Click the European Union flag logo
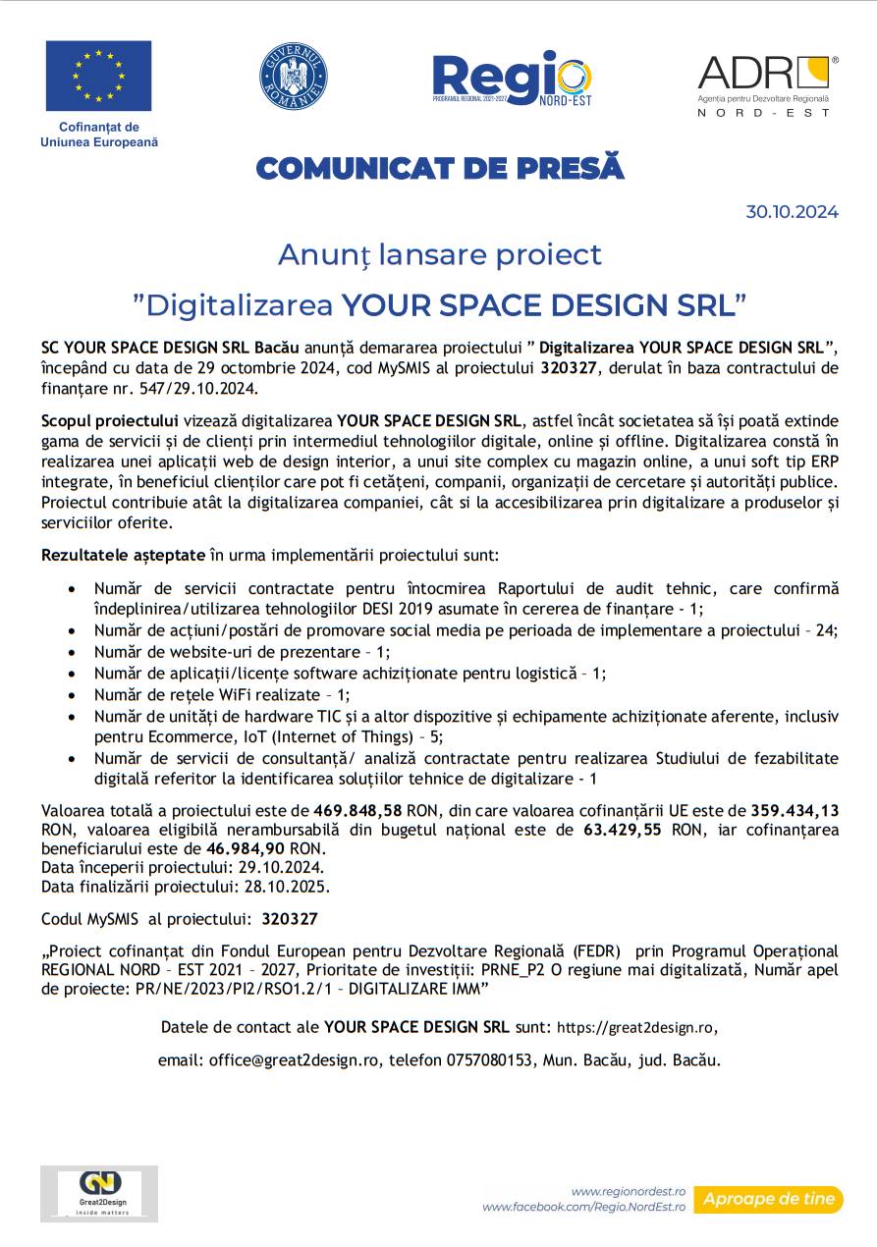coord(98,76)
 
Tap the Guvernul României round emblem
coord(293,77)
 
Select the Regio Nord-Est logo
coord(512,78)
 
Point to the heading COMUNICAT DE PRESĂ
coord(439,169)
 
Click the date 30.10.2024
coord(792,212)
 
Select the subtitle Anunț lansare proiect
coord(439,254)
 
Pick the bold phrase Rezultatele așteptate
coord(123,556)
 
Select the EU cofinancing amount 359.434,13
coord(795,811)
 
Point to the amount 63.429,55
coord(623,830)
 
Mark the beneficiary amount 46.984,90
coord(246,848)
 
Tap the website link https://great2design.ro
coord(636,1028)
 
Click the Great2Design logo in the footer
coord(98,1193)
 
